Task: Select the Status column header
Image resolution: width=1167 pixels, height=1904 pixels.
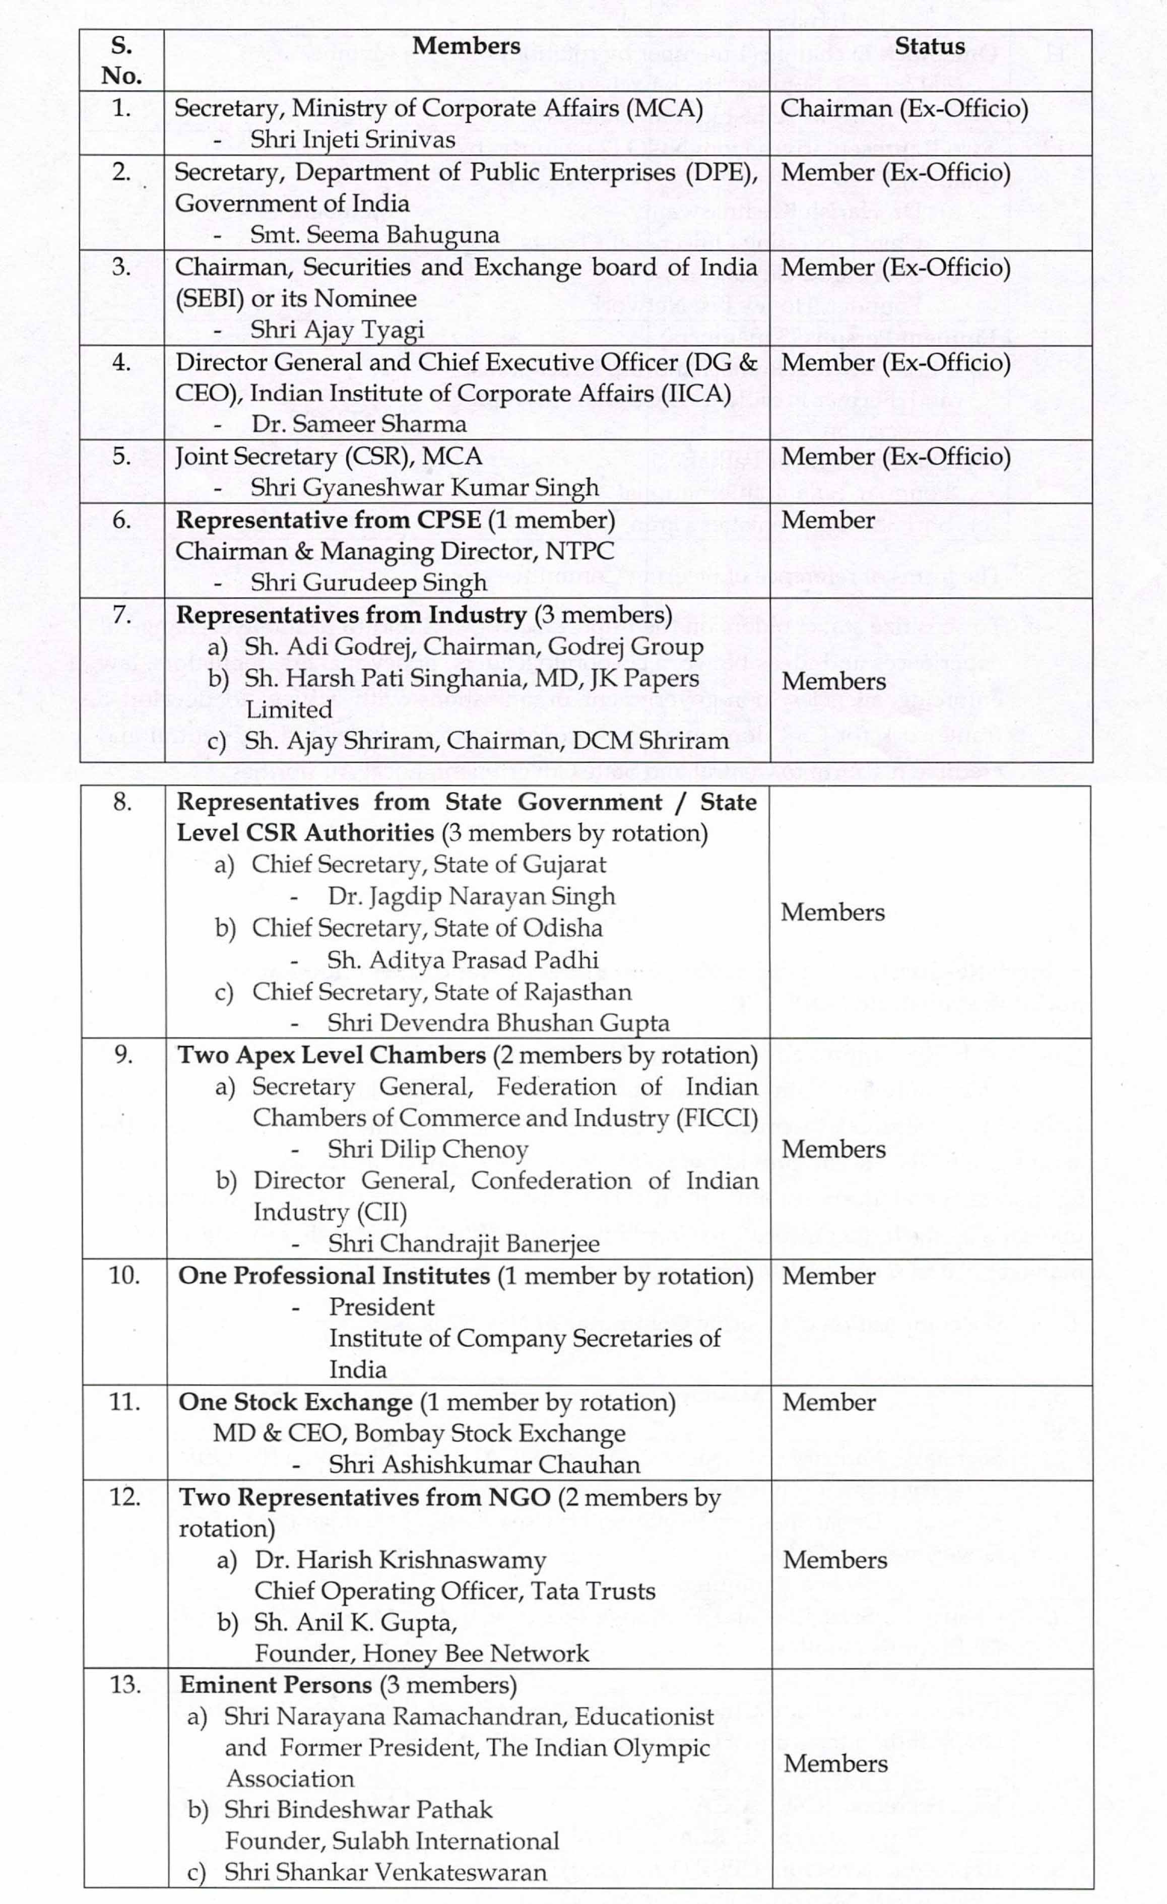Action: click(x=930, y=46)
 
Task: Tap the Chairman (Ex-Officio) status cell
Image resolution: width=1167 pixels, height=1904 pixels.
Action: click(x=903, y=108)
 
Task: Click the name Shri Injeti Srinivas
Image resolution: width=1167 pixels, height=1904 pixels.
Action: click(x=352, y=140)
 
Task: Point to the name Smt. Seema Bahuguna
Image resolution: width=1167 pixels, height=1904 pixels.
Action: click(x=374, y=234)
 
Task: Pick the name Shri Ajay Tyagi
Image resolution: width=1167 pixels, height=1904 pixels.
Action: click(x=337, y=330)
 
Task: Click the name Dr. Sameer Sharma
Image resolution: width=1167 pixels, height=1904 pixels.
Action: click(x=359, y=424)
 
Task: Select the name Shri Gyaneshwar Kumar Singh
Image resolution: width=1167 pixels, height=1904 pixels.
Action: click(x=424, y=488)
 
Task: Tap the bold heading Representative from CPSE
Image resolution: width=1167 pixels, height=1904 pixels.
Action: click(x=329, y=520)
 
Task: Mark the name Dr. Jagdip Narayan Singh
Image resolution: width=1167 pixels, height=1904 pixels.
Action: click(x=471, y=896)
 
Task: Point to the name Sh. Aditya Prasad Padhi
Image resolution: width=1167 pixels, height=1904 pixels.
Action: click(x=462, y=960)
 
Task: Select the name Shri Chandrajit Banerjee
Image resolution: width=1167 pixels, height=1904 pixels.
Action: click(x=464, y=1243)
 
